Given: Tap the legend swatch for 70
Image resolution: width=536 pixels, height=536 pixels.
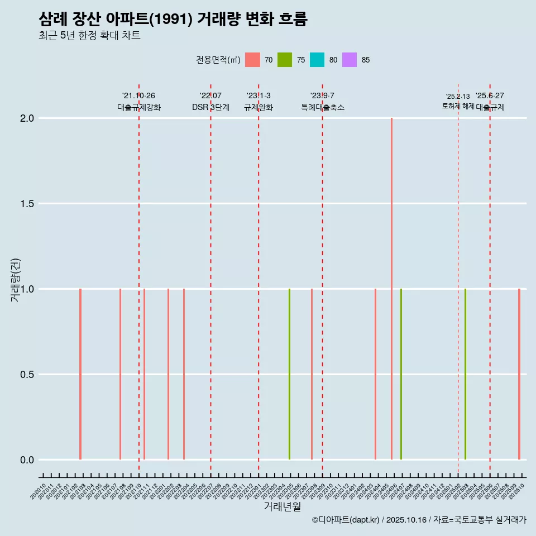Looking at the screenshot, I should [253, 60].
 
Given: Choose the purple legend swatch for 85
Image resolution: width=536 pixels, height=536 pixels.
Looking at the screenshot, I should [350, 60].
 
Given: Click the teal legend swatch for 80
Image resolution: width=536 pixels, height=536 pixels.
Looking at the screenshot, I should [317, 60].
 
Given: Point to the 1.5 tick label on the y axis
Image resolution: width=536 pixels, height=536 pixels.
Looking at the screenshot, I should [27, 204].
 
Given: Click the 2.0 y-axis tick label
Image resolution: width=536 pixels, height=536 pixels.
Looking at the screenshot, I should [27, 118].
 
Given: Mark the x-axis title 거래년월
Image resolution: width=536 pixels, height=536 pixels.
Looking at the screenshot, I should [282, 507].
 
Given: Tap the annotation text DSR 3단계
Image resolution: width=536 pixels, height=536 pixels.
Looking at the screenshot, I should [210, 107].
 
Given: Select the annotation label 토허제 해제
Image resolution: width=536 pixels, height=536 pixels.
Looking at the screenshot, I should [458, 106].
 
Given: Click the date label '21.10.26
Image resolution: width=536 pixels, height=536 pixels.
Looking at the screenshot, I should [138, 95].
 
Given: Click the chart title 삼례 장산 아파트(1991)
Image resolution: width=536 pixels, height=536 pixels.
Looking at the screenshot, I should [173, 19].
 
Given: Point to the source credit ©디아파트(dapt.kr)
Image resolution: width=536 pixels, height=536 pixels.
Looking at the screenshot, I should [346, 520].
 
